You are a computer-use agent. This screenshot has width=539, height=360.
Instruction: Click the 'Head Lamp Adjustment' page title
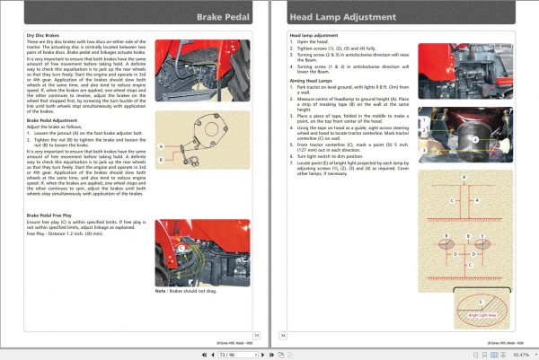pyautogui.click(x=335, y=16)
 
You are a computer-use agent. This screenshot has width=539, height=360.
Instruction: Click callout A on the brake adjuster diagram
pyautogui.click(x=162, y=146)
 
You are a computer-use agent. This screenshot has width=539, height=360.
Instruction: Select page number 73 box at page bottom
pyautogui.click(x=255, y=333)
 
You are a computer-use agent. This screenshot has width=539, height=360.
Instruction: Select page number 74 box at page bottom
pyautogui.click(x=283, y=333)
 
